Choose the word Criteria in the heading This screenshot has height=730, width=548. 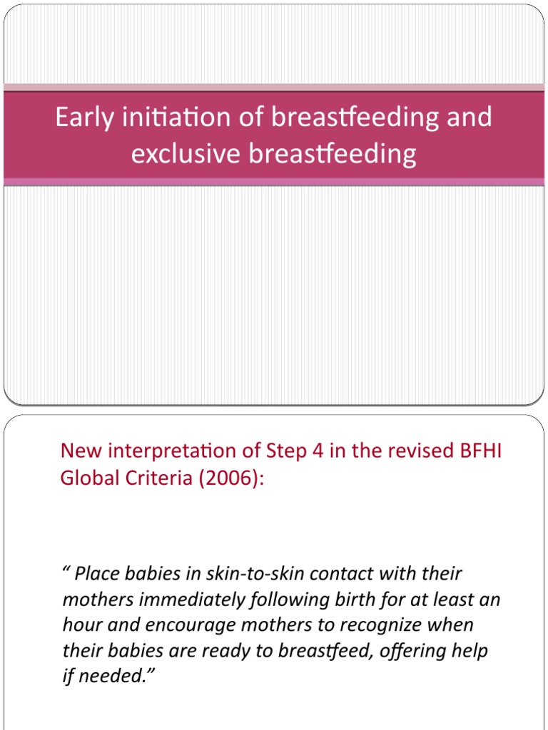pos(153,478)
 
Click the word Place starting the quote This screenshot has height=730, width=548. pos(96,573)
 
